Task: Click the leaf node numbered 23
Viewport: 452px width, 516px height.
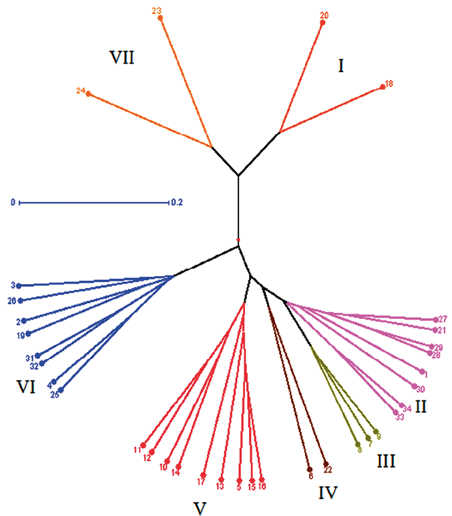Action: pos(160,18)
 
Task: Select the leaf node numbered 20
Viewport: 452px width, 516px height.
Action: pos(322,23)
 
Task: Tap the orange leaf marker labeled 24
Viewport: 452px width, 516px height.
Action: pos(88,94)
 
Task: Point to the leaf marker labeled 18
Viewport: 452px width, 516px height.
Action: pos(382,86)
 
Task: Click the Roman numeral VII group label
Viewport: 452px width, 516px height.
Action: pos(122,57)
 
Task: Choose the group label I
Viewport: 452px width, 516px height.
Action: pos(341,66)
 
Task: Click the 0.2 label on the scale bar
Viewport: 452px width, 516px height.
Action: pos(178,201)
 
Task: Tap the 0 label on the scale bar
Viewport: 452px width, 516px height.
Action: pos(12,201)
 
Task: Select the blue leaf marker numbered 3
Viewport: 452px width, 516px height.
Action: pos(19,285)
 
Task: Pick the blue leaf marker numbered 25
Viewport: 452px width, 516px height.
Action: pos(61,390)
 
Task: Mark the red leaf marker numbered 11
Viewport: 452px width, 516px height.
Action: pos(143,446)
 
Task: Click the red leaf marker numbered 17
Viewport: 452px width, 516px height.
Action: pos(206,474)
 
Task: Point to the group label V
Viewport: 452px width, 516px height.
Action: pos(198,509)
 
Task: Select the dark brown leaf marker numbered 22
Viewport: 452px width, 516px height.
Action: pos(325,463)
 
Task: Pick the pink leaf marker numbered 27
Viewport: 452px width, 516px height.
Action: pos(435,319)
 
